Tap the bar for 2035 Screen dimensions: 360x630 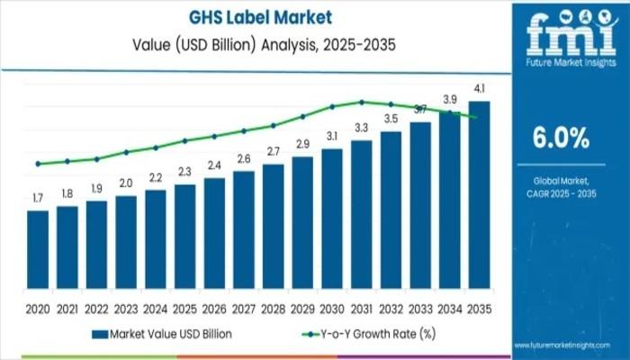click(480, 199)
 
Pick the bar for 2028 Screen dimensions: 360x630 click(274, 230)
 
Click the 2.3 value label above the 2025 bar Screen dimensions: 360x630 click(184, 171)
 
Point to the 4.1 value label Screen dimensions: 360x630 click(480, 88)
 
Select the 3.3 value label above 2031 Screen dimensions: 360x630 click(362, 127)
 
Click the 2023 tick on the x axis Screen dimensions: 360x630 click(126, 308)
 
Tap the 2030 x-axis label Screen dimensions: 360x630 click(332, 308)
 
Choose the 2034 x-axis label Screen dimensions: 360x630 click(450, 308)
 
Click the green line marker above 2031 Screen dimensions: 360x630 click(362, 102)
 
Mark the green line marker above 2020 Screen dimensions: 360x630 click(38, 164)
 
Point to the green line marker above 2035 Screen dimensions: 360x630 click(474, 116)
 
